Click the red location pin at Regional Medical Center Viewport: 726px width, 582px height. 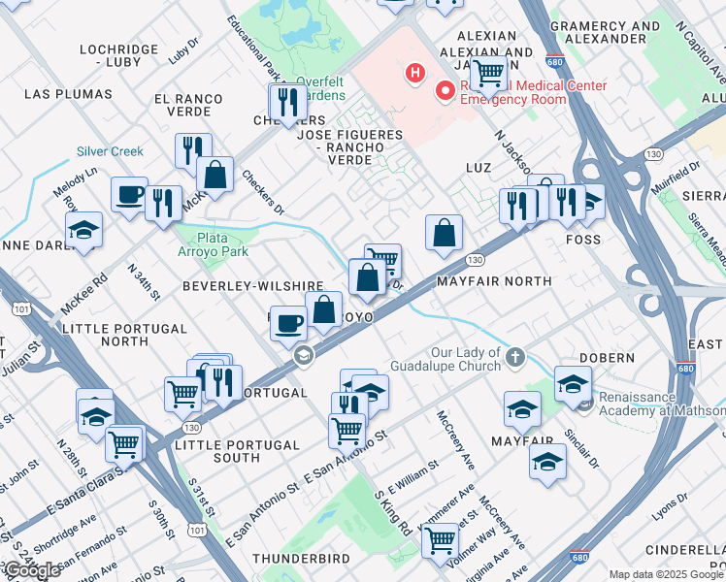[446, 91]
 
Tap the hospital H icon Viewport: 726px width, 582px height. [416, 72]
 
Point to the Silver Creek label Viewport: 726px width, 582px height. [110, 151]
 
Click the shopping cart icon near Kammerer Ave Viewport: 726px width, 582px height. [440, 539]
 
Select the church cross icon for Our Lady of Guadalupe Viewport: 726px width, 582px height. [514, 358]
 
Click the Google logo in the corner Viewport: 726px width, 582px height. [32, 570]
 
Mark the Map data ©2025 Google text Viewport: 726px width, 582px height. [666, 574]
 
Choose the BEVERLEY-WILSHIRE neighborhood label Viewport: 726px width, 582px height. [252, 286]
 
